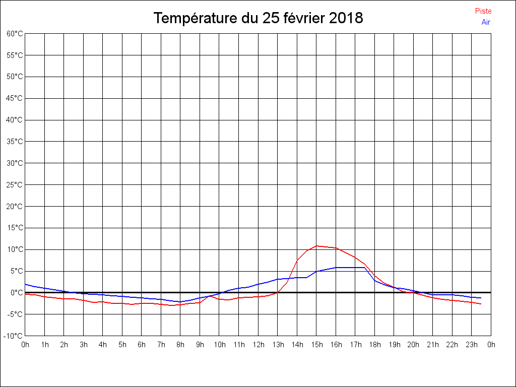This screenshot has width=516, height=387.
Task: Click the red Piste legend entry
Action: (x=483, y=11)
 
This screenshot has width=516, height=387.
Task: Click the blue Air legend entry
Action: (x=486, y=22)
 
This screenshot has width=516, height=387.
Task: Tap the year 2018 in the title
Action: (x=346, y=18)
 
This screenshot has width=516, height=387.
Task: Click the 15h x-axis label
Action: (x=316, y=345)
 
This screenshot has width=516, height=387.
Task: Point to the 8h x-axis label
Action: (x=180, y=345)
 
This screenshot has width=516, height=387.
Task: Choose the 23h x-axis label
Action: (x=472, y=345)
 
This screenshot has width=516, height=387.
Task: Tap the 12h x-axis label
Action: (x=258, y=345)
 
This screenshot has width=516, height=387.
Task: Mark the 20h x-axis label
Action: (x=413, y=345)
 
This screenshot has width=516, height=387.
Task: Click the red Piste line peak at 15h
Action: (x=316, y=246)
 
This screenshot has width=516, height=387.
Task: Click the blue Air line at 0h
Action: (x=26, y=284)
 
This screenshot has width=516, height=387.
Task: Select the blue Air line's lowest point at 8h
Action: (x=180, y=302)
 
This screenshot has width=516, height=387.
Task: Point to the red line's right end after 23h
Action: (x=481, y=304)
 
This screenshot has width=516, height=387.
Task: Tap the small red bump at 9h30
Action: (x=210, y=296)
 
